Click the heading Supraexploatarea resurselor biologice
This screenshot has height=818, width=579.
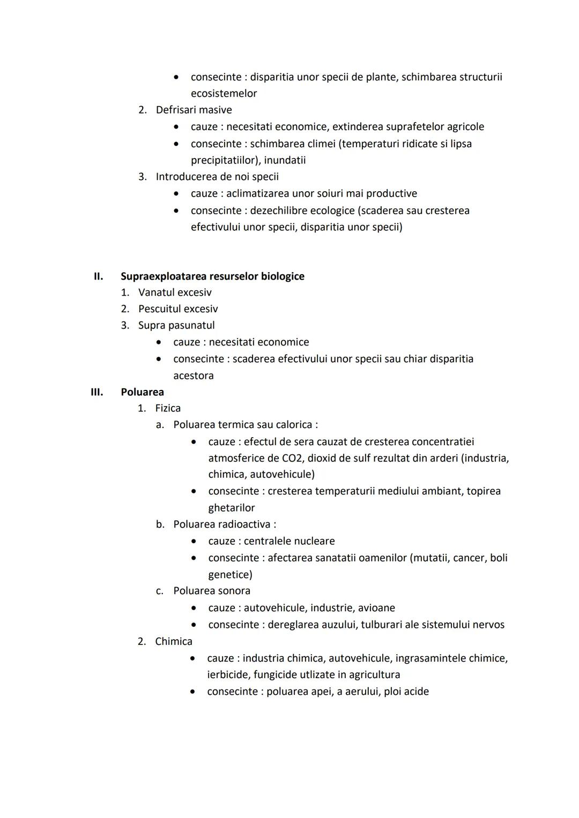click(x=212, y=276)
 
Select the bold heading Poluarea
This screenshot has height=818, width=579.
click(x=142, y=392)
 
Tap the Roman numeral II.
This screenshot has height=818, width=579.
click(x=98, y=276)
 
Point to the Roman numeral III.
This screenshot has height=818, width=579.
click(x=96, y=392)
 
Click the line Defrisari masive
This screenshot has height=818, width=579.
click(x=194, y=110)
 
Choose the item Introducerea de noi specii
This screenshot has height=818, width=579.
click(x=217, y=177)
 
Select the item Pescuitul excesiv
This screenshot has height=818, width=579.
click(x=178, y=309)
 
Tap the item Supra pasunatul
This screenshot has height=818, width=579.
click(x=176, y=325)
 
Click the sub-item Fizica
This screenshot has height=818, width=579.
click(x=168, y=408)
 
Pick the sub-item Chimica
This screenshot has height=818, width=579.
click(x=173, y=641)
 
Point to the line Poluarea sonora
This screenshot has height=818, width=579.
click(x=212, y=591)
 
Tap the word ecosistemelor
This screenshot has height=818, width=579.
click(x=224, y=94)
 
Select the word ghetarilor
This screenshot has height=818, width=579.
click(x=232, y=508)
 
